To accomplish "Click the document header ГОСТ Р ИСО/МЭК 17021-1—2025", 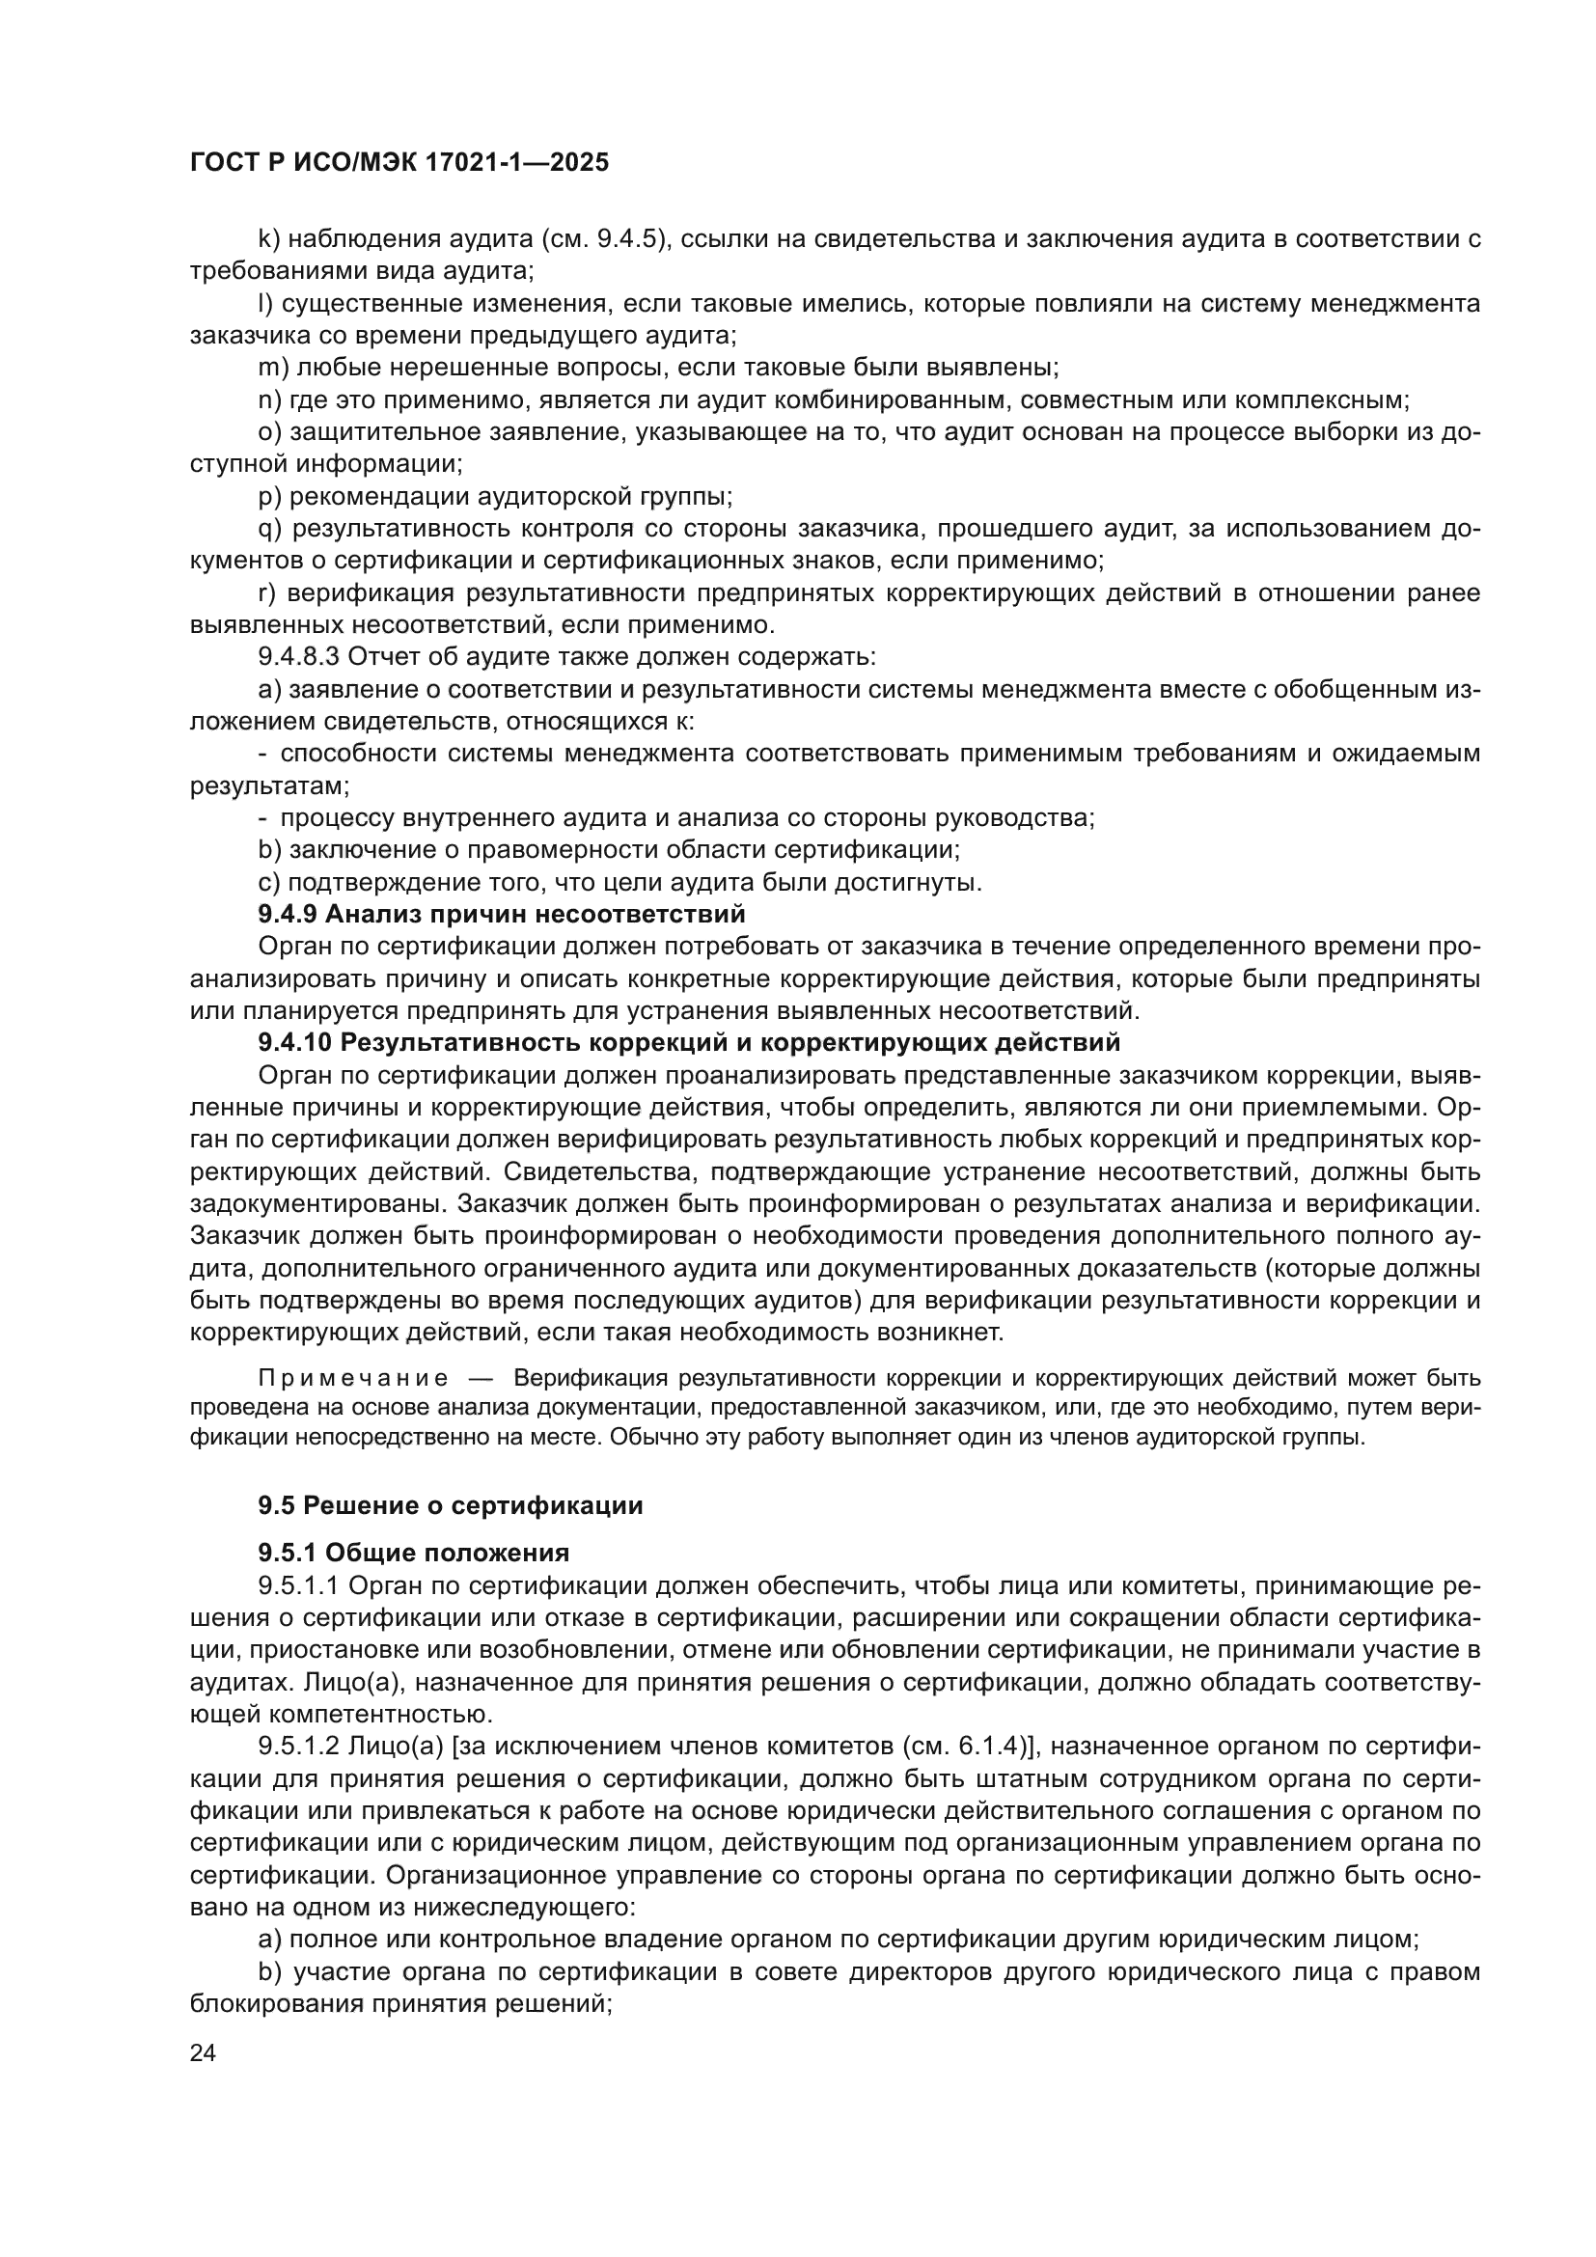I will tap(399, 163).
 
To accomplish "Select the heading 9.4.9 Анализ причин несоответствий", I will tap(501, 914).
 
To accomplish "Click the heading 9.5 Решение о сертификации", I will tap(450, 1505).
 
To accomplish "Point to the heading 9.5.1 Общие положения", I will tap(414, 1554).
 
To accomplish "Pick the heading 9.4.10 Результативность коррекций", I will tap(689, 1041).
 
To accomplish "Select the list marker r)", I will tap(266, 592).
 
